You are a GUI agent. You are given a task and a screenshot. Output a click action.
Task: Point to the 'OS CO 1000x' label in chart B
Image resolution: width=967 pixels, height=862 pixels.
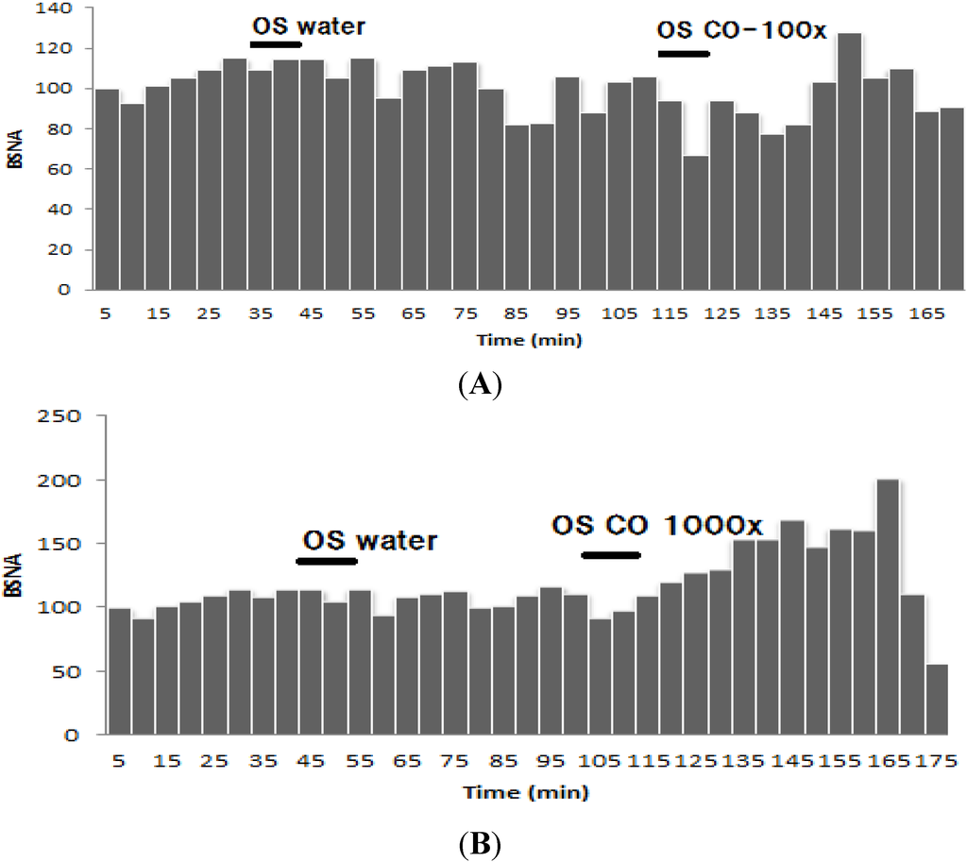tap(657, 524)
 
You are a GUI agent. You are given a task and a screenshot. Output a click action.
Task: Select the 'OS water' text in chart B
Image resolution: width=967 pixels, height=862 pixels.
tap(369, 541)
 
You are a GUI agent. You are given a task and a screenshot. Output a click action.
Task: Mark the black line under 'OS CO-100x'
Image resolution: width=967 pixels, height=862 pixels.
tap(683, 54)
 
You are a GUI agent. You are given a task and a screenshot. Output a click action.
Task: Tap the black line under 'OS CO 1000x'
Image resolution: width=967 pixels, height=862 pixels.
tap(611, 555)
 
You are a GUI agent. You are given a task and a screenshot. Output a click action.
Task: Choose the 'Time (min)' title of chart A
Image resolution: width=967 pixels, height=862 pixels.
tap(528, 339)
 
